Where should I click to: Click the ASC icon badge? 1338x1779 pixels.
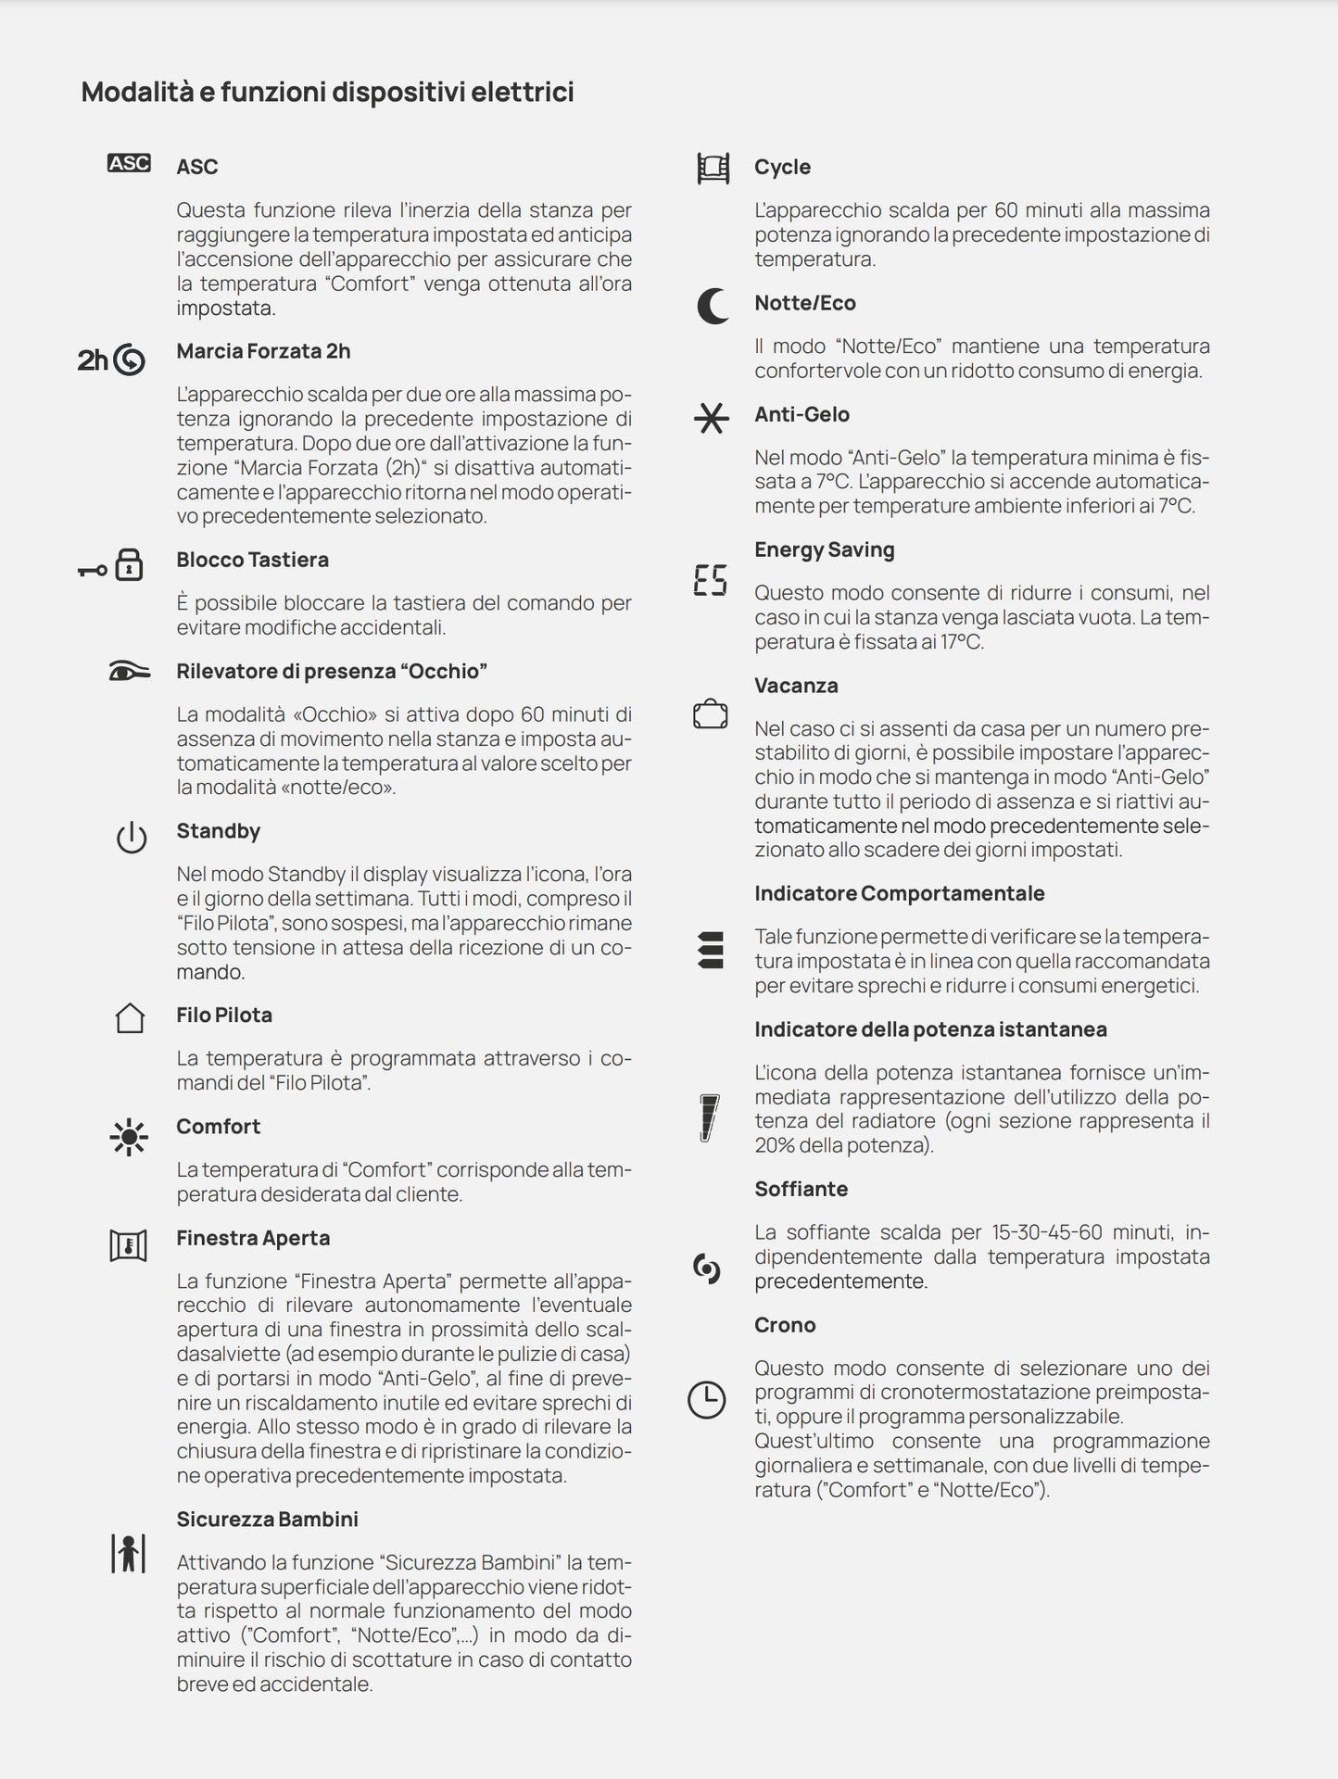pyautogui.click(x=129, y=164)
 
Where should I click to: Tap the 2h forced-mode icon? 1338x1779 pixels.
pyautogui.click(x=111, y=360)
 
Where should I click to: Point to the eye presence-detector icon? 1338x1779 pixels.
pyautogui.click(x=129, y=672)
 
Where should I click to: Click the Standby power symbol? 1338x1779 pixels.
pyautogui.click(x=132, y=838)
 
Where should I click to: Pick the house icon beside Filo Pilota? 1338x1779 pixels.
pyautogui.click(x=130, y=1017)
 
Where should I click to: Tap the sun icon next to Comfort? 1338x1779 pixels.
pyautogui.click(x=129, y=1136)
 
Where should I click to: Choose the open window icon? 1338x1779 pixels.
pyautogui.click(x=129, y=1246)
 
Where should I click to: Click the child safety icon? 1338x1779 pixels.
pyautogui.click(x=129, y=1553)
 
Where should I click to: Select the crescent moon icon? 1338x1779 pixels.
pyautogui.click(x=712, y=306)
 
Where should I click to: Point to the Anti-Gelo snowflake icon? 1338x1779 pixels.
pyautogui.click(x=711, y=419)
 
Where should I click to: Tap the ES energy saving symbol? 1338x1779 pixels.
pyautogui.click(x=710, y=580)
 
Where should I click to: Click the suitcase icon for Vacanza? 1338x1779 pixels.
pyautogui.click(x=710, y=714)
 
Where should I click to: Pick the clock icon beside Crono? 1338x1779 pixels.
pyautogui.click(x=706, y=1399)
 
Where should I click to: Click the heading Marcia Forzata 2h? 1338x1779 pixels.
pyautogui.click(x=263, y=351)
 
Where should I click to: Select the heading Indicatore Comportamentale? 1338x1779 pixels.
pyautogui.click(x=899, y=893)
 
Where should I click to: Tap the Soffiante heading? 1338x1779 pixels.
pyautogui.click(x=801, y=1189)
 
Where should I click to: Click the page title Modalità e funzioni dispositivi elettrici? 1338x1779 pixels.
pyautogui.click(x=327, y=92)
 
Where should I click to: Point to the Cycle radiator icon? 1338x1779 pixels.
pyautogui.click(x=713, y=169)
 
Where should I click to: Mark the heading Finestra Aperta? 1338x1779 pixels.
pyautogui.click(x=253, y=1238)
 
